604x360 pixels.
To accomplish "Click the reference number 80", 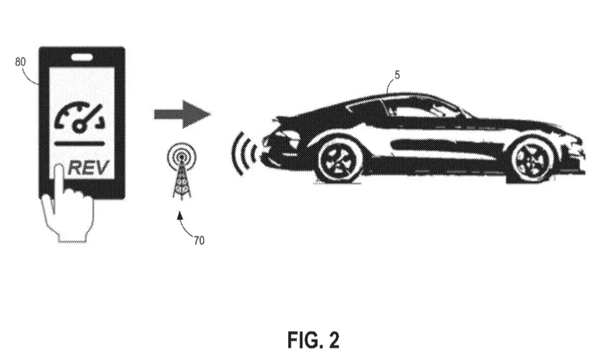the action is tap(20, 62).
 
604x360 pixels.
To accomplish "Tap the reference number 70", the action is tap(199, 241).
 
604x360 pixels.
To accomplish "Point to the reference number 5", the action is tap(397, 75).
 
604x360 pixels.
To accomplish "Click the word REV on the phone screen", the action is tap(88, 167).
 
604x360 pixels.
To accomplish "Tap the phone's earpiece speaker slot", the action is tap(82, 57).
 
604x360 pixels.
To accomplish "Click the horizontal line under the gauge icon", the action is tap(80, 144).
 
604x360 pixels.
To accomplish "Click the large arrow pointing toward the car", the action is tap(182, 114).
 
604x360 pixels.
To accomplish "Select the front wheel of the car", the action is tap(533, 159).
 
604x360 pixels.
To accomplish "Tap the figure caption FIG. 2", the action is tap(313, 340).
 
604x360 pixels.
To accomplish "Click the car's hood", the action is tap(531, 123).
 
